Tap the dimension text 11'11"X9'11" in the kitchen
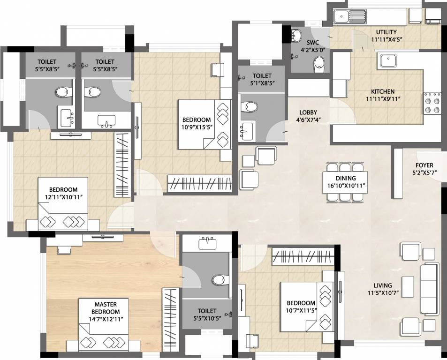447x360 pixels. tap(383, 99)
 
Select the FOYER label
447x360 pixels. tap(424, 165)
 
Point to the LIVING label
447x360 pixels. tap(383, 285)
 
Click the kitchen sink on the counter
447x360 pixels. tap(389, 61)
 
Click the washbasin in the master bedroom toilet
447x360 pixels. tap(207, 244)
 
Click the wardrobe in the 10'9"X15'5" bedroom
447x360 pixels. tap(201, 182)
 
